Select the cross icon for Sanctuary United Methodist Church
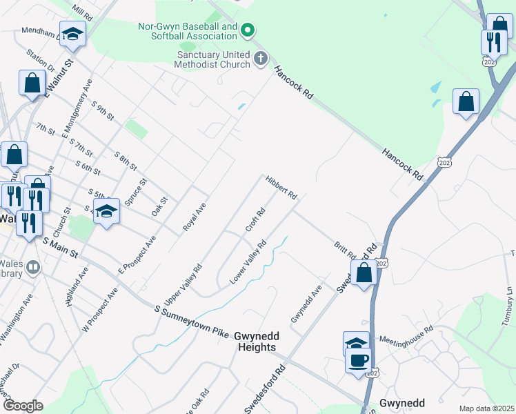261,59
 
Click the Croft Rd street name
255,220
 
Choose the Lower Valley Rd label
248,264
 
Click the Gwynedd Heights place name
256,342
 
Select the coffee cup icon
358,359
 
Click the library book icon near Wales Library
33,266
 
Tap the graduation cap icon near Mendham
72,33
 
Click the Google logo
23,406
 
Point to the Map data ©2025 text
486,408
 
